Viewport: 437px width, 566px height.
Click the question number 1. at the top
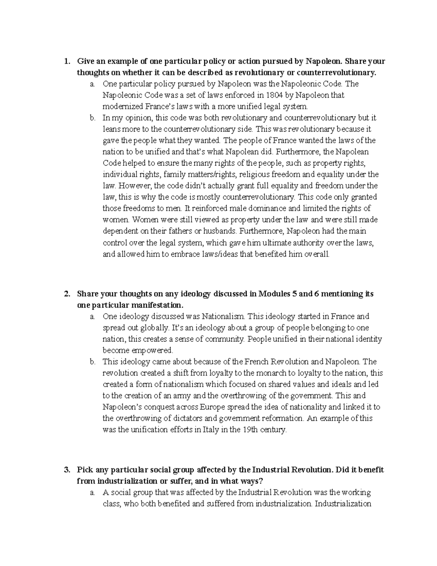coord(66,61)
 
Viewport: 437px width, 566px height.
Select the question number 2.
coord(66,294)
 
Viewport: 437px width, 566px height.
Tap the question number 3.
coord(66,470)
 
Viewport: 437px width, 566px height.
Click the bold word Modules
coord(273,294)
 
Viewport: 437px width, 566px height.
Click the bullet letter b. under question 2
coord(92,362)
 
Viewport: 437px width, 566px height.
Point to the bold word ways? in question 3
coord(247,481)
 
